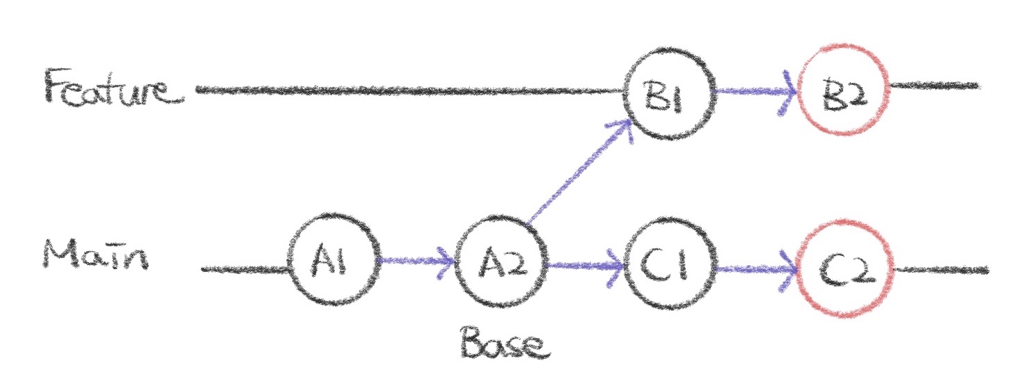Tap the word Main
95,257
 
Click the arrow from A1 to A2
415,263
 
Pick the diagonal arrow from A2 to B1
578,174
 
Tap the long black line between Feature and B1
411,90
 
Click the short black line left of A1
244,268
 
